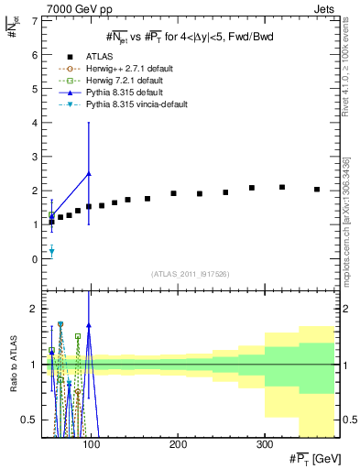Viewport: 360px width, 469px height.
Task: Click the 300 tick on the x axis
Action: [264, 444]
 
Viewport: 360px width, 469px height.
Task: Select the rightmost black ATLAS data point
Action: [317, 190]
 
